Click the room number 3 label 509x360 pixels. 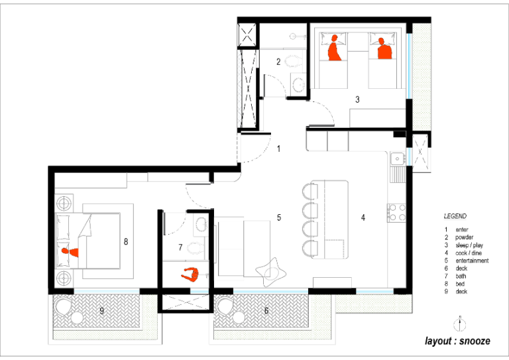357,99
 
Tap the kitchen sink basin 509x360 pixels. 397,158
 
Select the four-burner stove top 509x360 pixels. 397,212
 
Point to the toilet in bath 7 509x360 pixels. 196,248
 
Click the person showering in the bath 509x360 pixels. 190,275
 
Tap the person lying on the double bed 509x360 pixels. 70,251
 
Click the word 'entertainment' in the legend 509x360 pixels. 472,261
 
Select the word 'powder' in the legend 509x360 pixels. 464,237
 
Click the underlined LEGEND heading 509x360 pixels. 455,216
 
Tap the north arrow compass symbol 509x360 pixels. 460,324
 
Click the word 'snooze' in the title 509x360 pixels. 475,341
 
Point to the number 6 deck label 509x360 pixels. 266,311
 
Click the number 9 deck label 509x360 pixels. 101,311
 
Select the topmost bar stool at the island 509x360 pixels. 310,191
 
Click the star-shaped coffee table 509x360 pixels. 271,272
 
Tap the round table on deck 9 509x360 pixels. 77,318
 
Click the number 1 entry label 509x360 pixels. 278,149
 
